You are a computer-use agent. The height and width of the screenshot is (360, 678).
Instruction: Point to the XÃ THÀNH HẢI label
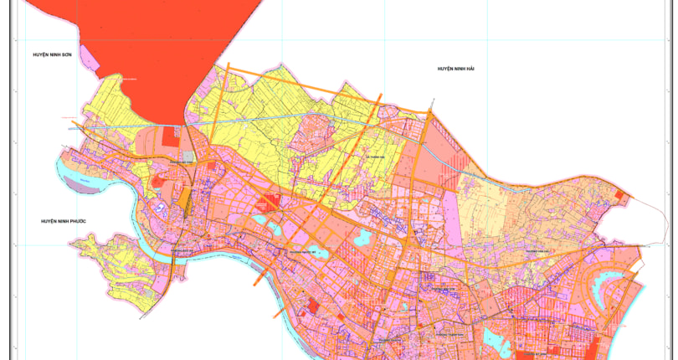click(x=375, y=156)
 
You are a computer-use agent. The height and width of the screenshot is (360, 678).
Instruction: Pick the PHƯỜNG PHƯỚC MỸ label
click(x=306, y=249)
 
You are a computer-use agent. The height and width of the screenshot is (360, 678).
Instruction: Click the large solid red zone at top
click(x=167, y=42)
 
